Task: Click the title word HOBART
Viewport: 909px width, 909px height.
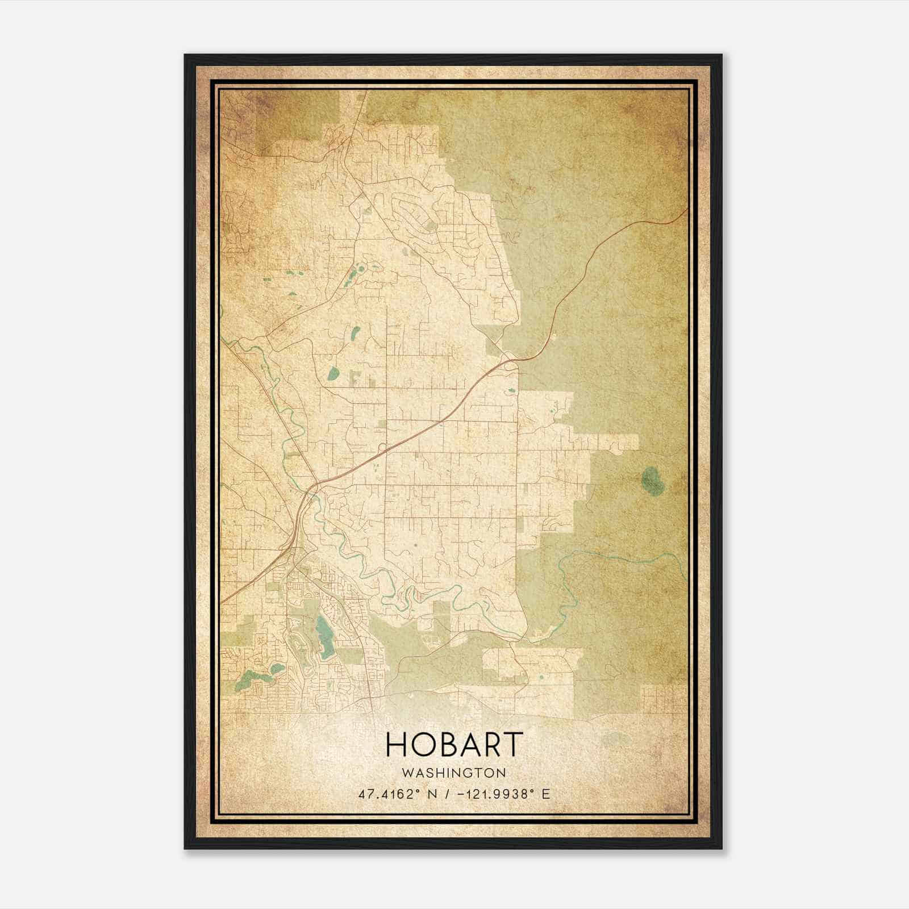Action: (454, 744)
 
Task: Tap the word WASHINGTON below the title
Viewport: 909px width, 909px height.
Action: (453, 773)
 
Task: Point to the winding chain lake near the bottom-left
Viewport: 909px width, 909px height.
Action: (256, 676)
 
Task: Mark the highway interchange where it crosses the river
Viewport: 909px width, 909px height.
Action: (314, 487)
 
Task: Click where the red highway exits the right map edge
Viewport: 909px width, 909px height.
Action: (686, 210)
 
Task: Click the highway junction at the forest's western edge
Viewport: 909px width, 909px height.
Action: (510, 358)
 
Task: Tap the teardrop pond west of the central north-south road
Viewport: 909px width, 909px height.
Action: (333, 373)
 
